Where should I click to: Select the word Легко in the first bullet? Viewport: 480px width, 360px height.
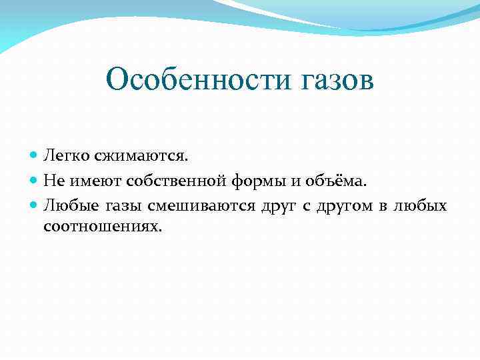click(x=62, y=156)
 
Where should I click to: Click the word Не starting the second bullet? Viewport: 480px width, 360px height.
click(x=53, y=180)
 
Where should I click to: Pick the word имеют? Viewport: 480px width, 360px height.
click(x=87, y=180)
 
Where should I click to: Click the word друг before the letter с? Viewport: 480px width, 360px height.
click(x=278, y=204)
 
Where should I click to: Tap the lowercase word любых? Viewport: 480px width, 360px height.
click(x=421, y=204)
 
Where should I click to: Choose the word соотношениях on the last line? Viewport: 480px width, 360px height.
click(x=102, y=227)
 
